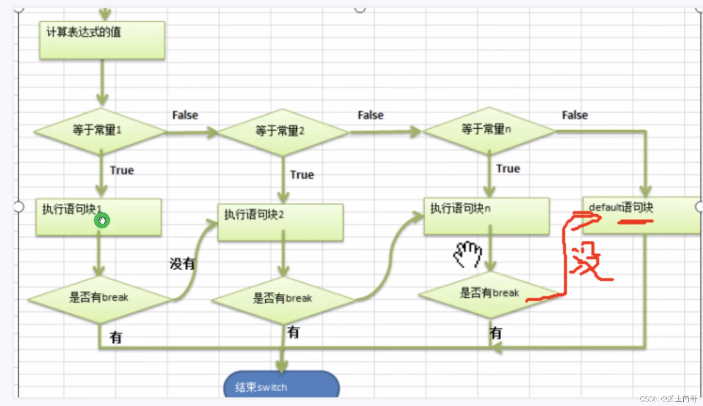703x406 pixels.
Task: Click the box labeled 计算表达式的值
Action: (102, 40)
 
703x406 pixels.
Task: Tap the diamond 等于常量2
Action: (282, 132)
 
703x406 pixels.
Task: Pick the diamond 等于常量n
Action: (488, 130)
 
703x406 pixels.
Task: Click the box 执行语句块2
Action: (280, 222)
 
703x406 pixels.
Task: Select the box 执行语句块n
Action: (486, 216)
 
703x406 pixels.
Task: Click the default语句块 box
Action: (641, 215)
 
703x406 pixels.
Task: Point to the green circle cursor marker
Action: (102, 220)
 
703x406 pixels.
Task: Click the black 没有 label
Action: (182, 263)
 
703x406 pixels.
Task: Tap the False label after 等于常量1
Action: (185, 115)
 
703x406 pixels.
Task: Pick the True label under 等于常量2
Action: (302, 175)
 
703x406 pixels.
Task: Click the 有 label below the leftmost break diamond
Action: (116, 337)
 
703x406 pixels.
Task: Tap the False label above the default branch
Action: (575, 115)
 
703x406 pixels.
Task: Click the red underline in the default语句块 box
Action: (635, 222)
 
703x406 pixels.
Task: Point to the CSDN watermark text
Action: (668, 399)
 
